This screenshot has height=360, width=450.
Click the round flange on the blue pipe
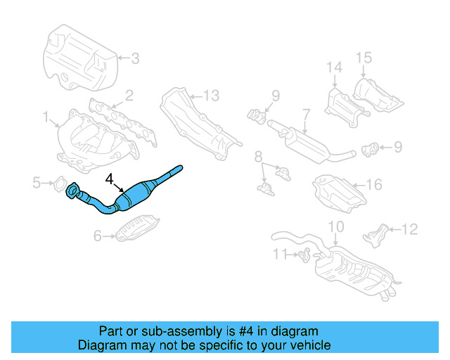pyautogui.click(x=72, y=191)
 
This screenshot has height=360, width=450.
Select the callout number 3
pyautogui.click(x=136, y=58)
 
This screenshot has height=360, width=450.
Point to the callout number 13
pyautogui.click(x=211, y=95)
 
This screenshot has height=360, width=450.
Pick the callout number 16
pyautogui.click(x=373, y=185)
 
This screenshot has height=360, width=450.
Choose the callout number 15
pyautogui.click(x=363, y=58)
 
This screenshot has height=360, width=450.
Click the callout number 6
pyautogui.click(x=98, y=237)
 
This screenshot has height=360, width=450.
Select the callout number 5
pyautogui.click(x=37, y=184)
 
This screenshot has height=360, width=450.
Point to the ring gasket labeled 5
pyautogui.click(x=60, y=185)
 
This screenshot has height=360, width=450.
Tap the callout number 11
pyautogui.click(x=281, y=253)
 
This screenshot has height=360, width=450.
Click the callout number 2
pyautogui.click(x=129, y=95)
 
